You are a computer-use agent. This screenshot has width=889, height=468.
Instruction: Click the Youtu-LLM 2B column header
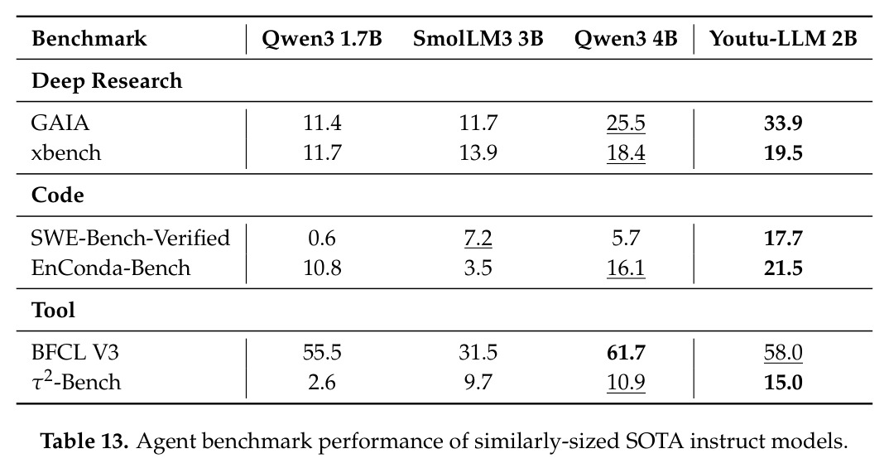[x=783, y=39]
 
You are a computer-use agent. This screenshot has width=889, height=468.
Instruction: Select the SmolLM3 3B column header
[x=478, y=39]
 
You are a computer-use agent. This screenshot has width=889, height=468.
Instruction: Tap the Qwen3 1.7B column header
[x=321, y=39]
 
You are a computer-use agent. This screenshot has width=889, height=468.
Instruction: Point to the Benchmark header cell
[x=89, y=39]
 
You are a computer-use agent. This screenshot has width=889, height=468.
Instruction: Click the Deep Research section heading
[x=107, y=81]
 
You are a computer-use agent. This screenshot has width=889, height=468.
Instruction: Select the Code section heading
[x=58, y=195]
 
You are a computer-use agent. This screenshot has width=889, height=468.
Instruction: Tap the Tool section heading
[x=53, y=311]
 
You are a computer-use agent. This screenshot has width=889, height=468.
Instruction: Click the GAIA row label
[x=60, y=123]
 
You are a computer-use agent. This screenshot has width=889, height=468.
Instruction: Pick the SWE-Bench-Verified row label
[x=131, y=238]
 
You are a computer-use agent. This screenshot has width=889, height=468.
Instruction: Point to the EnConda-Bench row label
[x=111, y=268]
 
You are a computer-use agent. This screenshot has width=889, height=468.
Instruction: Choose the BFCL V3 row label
[x=75, y=353]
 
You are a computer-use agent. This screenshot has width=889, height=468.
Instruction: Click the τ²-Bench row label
[x=76, y=381]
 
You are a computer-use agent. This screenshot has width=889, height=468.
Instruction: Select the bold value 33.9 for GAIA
[x=783, y=123]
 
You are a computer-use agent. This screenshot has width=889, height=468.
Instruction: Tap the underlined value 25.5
[x=626, y=123]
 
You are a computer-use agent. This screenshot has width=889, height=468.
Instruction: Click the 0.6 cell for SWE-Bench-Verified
[x=321, y=239]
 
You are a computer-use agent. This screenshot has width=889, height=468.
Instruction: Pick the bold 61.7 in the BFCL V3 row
[x=626, y=353]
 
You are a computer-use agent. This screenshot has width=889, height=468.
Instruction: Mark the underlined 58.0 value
[x=783, y=353]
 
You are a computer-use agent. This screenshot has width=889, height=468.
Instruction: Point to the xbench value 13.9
[x=478, y=153]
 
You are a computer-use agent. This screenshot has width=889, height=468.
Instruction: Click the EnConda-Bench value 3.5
[x=478, y=268]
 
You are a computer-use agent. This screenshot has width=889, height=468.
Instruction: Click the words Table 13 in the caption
[x=84, y=441]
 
